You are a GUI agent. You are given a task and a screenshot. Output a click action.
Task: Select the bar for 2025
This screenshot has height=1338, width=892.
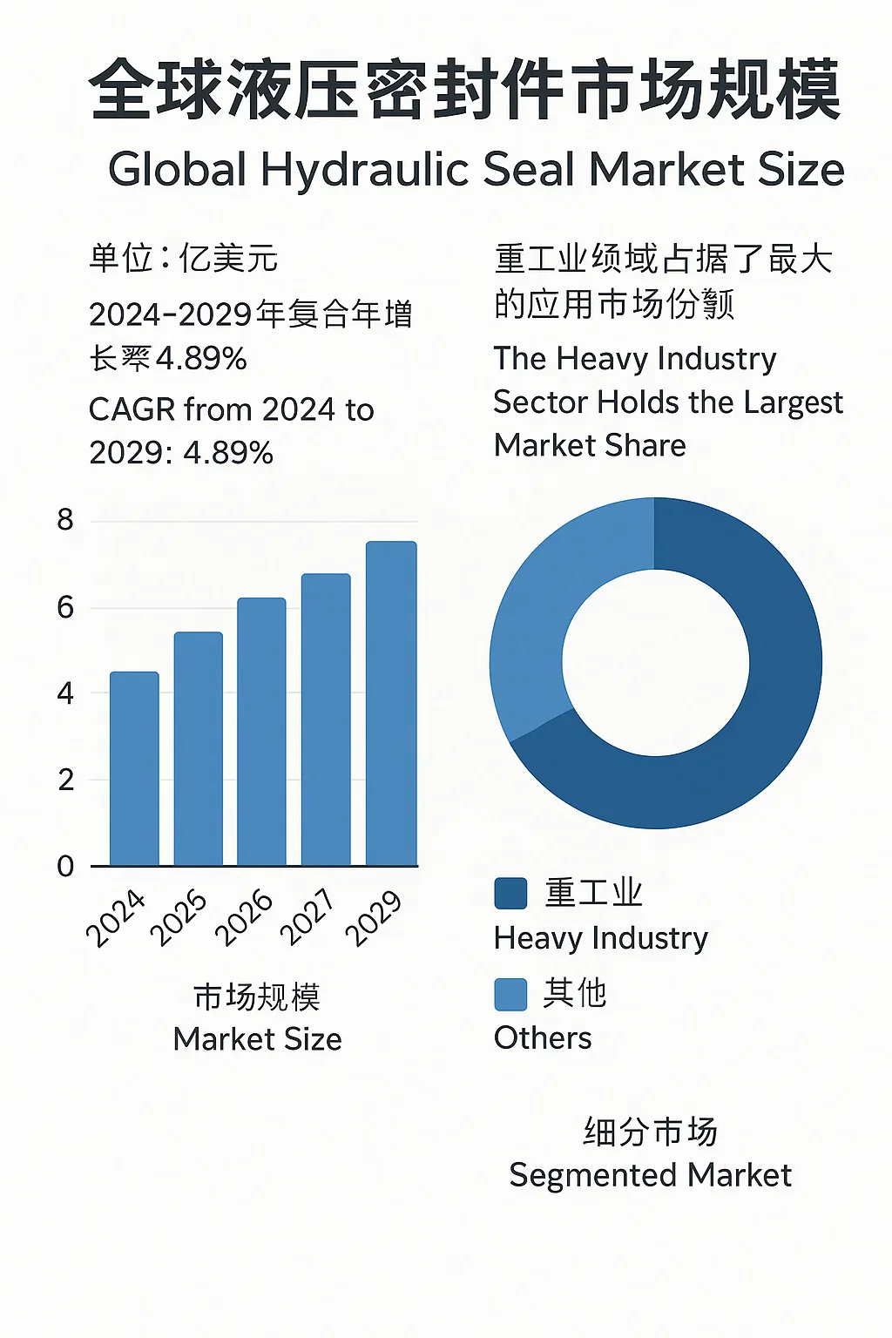(x=199, y=749)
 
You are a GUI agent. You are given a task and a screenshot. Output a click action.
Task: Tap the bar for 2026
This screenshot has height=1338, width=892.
(x=261, y=732)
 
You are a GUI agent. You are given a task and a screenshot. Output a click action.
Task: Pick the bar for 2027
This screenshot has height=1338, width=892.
(x=326, y=720)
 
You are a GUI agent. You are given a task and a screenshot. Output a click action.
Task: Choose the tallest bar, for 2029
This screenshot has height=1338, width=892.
(x=391, y=704)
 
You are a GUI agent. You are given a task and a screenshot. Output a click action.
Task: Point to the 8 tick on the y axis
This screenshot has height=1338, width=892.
(x=65, y=520)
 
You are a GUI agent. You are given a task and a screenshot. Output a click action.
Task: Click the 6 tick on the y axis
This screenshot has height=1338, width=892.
(x=65, y=607)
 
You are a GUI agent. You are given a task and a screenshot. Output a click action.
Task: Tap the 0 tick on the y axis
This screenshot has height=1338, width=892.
(x=65, y=866)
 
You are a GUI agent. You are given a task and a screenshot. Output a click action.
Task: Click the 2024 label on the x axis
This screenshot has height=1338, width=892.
(x=116, y=918)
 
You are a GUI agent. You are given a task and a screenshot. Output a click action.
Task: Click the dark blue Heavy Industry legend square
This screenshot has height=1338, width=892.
(x=510, y=893)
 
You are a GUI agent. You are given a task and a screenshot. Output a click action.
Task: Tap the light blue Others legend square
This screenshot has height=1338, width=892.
(x=510, y=994)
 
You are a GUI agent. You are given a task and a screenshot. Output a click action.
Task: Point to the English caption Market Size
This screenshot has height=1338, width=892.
(x=257, y=1038)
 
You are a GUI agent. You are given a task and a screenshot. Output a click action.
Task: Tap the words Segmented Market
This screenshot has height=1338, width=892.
(x=650, y=1175)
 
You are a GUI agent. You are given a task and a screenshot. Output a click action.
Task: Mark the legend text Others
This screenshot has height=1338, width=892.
(x=542, y=1038)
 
